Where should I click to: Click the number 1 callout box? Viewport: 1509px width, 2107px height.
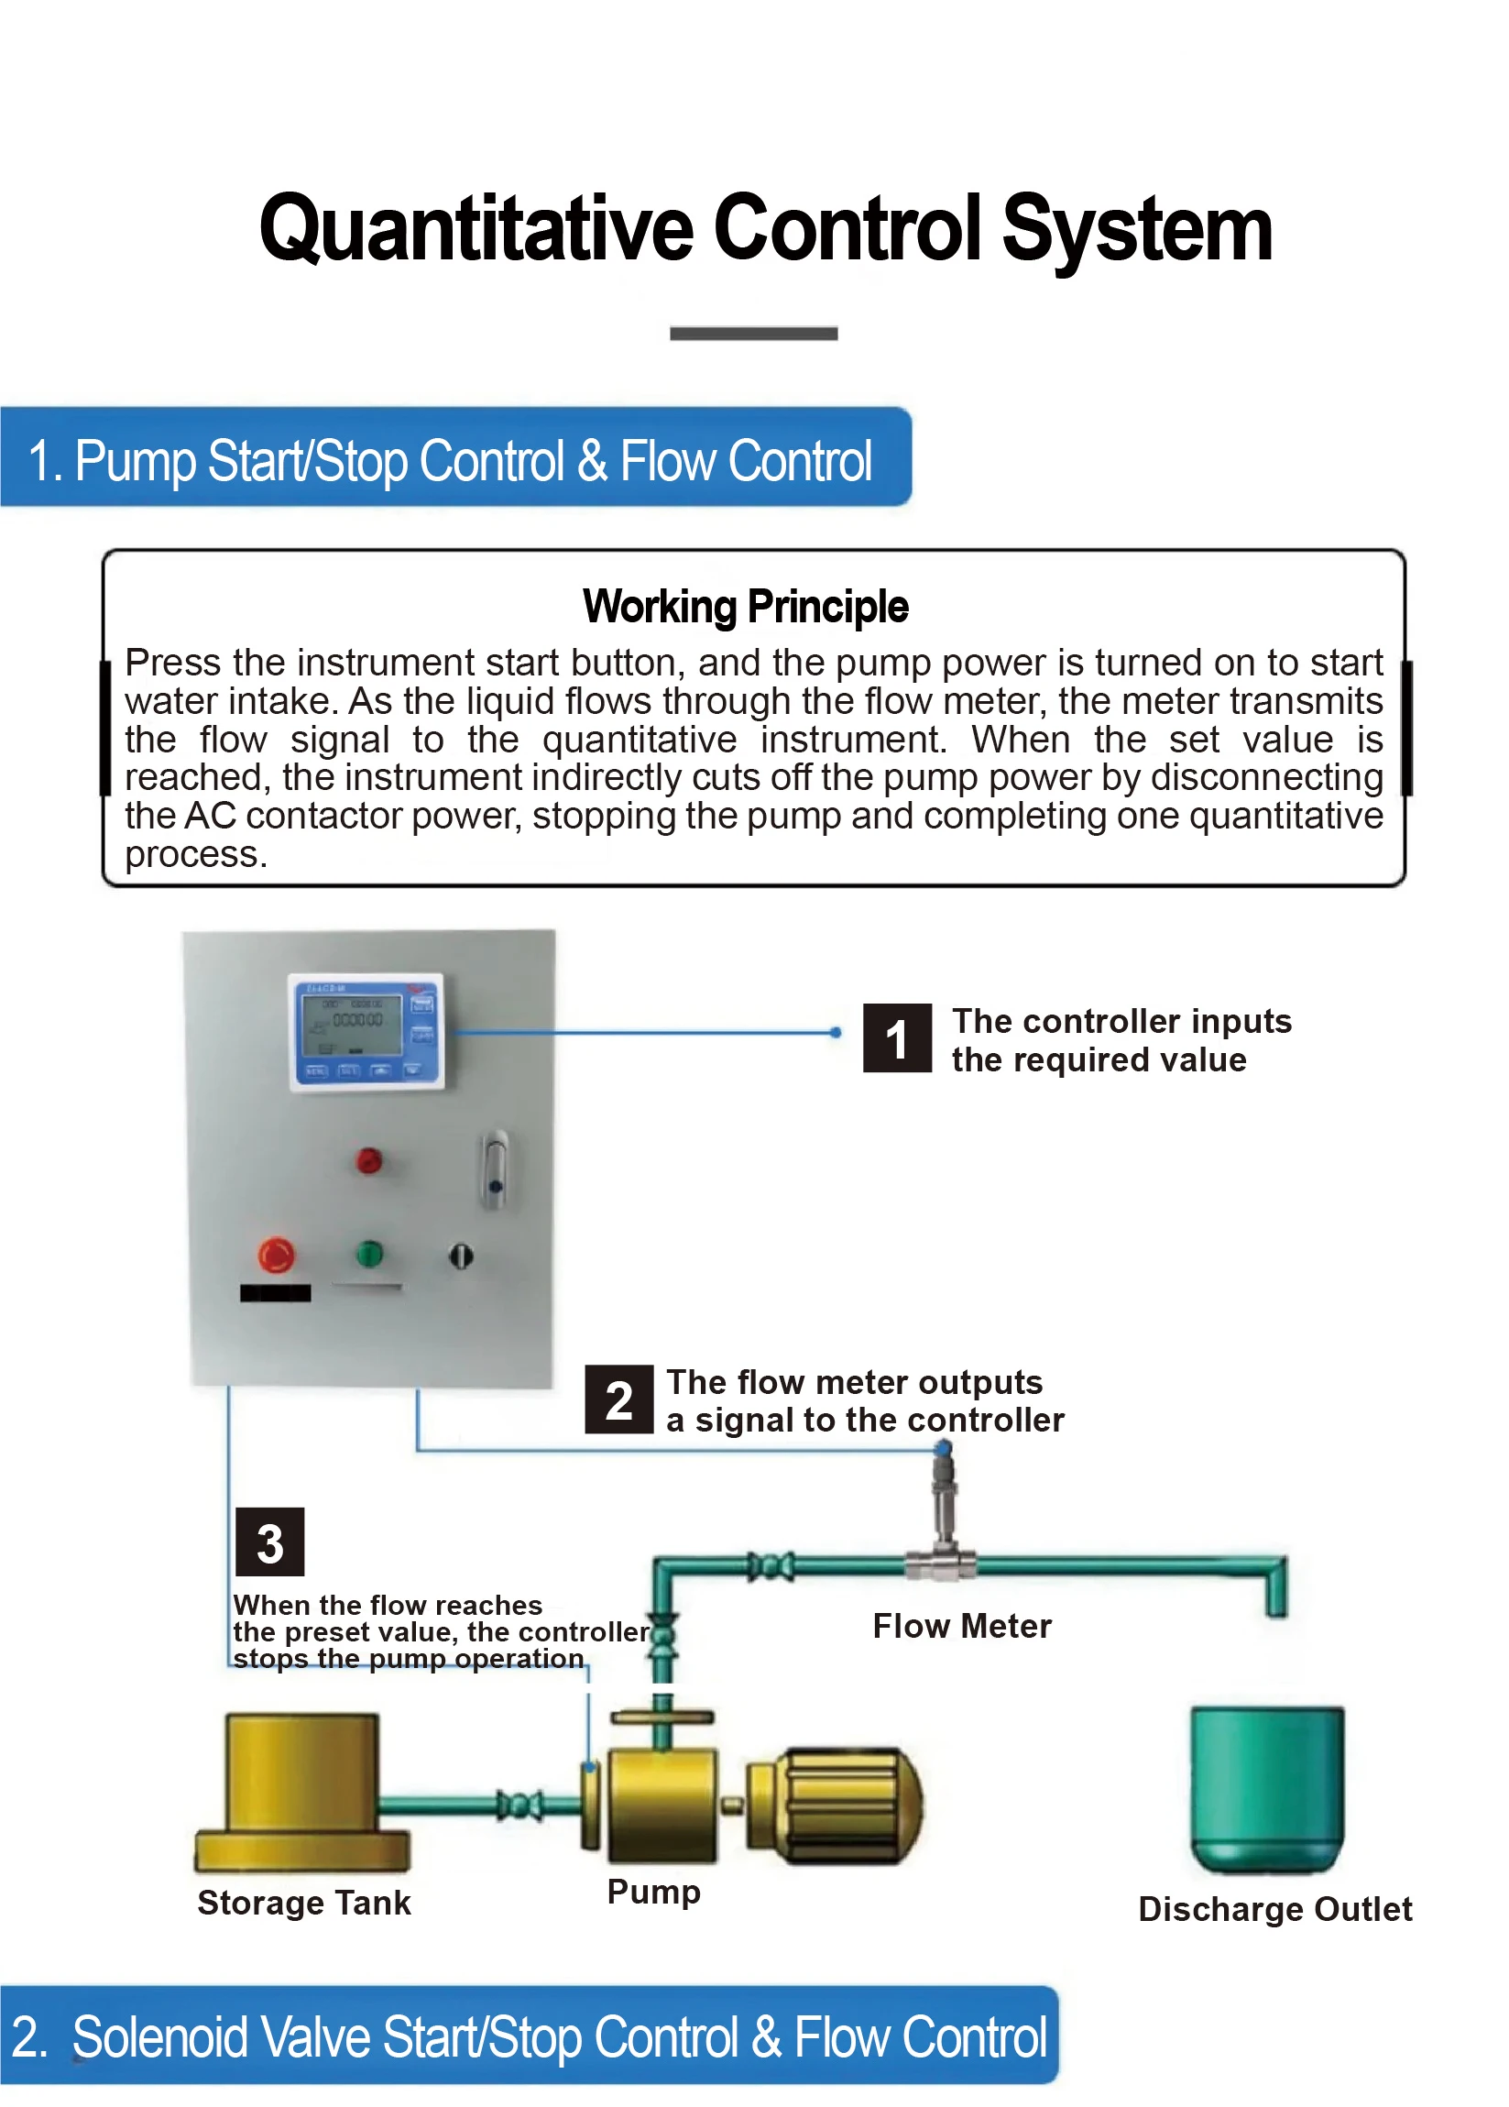click(x=896, y=1037)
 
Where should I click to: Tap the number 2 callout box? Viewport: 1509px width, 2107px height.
click(x=618, y=1399)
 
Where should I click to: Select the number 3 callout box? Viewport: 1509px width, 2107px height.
click(x=269, y=1542)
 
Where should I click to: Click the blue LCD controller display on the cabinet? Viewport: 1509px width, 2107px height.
click(x=366, y=1031)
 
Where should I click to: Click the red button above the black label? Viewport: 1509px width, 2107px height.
click(x=276, y=1255)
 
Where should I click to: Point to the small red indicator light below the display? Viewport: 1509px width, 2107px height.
click(x=369, y=1160)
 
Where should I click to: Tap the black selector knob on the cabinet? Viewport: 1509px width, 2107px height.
click(x=462, y=1256)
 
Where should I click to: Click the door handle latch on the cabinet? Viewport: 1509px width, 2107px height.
click(x=495, y=1170)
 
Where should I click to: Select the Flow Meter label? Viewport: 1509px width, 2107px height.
click(x=962, y=1626)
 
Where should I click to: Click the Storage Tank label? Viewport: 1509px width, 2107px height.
click(x=303, y=1903)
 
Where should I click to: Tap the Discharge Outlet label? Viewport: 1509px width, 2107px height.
click(x=1275, y=1909)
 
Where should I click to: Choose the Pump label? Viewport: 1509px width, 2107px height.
click(x=654, y=1893)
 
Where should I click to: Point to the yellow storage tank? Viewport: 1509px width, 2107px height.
click(x=302, y=1792)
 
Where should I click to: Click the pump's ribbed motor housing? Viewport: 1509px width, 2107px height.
click(x=836, y=1805)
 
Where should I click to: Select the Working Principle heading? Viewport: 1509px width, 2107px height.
click(x=746, y=607)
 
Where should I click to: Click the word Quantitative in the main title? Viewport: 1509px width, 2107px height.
click(x=476, y=228)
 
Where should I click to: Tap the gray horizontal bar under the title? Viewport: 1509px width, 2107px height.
click(x=754, y=334)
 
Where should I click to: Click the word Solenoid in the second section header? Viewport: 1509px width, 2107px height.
click(x=159, y=2038)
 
